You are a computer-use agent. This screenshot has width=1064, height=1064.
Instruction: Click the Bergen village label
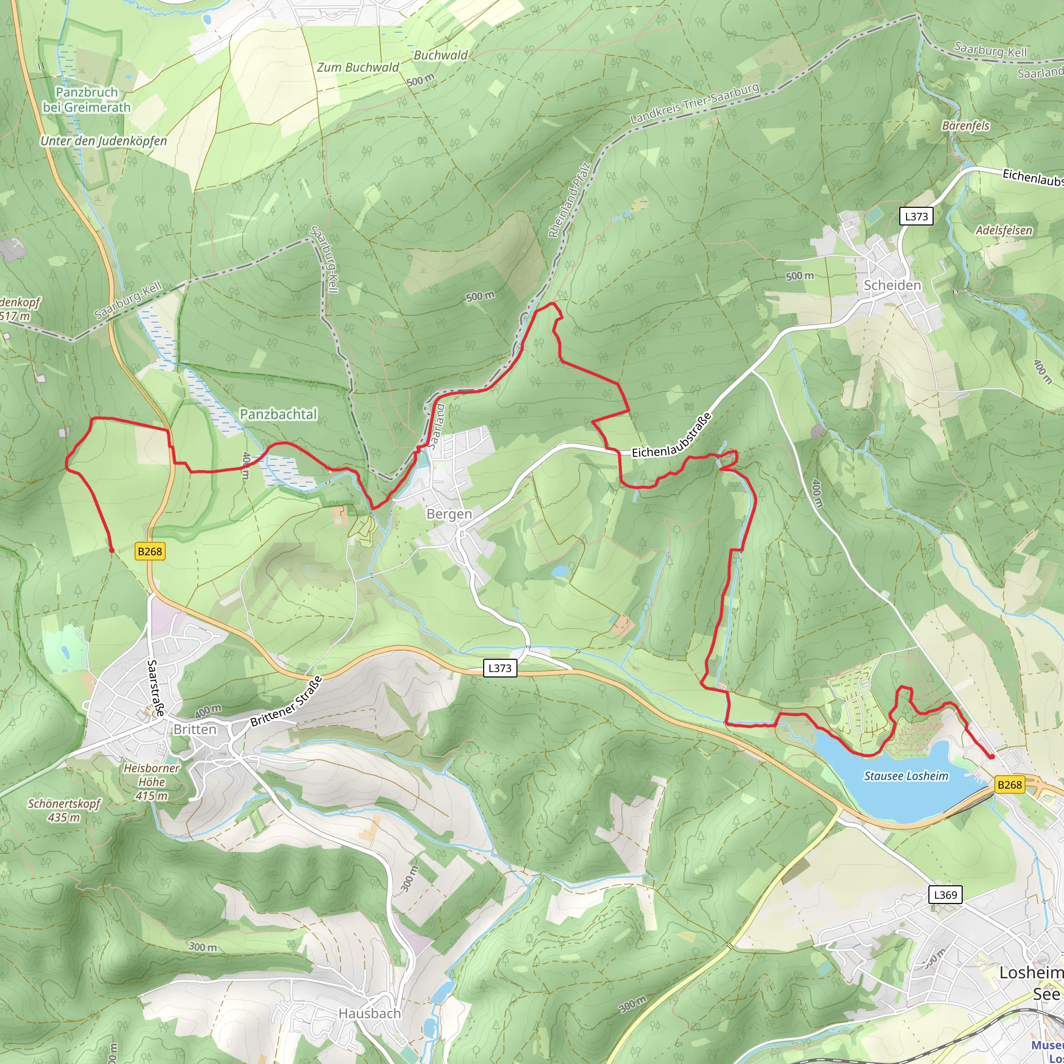tap(449, 514)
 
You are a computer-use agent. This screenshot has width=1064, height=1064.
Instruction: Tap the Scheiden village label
tap(892, 285)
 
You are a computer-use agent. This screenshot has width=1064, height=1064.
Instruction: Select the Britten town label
tap(194, 729)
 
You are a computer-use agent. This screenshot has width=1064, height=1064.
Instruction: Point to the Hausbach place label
tap(369, 1013)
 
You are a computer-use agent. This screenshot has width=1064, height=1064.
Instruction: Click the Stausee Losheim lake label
tap(906, 776)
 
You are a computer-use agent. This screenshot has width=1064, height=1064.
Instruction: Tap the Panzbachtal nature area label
tap(278, 414)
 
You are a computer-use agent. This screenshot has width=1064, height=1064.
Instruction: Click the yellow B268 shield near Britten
tap(150, 551)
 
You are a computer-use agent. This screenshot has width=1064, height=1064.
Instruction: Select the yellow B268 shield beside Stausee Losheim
tap(1009, 785)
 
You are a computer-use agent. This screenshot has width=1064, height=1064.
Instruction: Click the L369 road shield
tap(946, 895)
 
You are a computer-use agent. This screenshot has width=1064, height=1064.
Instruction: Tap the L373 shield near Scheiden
tap(916, 217)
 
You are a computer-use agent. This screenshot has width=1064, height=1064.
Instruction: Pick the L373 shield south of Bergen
tap(499, 668)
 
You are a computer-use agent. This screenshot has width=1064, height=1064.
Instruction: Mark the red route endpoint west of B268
tap(112, 550)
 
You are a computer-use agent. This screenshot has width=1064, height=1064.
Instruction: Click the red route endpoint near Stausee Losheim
tap(992, 756)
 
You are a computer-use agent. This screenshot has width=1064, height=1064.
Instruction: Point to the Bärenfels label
tap(965, 126)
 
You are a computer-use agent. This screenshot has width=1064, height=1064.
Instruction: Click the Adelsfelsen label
tap(1003, 230)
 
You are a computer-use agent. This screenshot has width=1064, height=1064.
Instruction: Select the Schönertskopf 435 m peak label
tap(64, 810)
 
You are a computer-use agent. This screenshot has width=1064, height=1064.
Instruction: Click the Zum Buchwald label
tap(357, 67)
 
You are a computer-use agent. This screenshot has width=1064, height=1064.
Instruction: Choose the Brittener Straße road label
tap(286, 701)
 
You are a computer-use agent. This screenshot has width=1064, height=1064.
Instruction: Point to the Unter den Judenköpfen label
tap(103, 141)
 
